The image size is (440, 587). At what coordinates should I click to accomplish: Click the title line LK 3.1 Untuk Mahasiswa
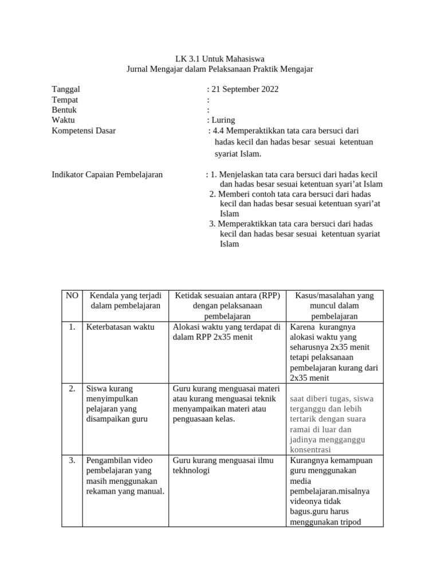click(x=220, y=58)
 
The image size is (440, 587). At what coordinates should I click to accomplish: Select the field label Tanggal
click(x=66, y=89)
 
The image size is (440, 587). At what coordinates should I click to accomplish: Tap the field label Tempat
click(x=65, y=100)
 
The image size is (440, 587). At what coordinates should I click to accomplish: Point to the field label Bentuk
click(x=64, y=110)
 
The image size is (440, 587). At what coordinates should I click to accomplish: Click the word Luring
click(x=223, y=120)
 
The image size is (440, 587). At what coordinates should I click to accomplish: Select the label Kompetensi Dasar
click(x=84, y=131)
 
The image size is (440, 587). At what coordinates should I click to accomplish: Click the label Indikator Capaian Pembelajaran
click(x=107, y=174)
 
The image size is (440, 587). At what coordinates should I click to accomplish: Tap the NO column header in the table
click(x=72, y=296)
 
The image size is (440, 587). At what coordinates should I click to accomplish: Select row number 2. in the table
click(x=72, y=389)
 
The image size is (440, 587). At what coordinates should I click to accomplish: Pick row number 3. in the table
click(x=72, y=460)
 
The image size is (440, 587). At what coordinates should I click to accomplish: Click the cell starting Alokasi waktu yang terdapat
click(x=226, y=332)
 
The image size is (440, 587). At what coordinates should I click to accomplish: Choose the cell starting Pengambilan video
click(x=124, y=476)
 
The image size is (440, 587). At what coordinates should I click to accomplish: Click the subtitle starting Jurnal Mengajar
click(x=220, y=69)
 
